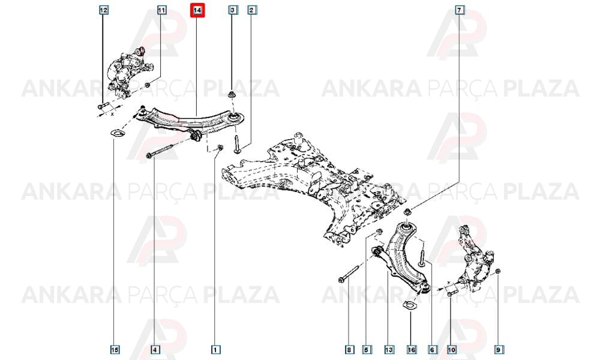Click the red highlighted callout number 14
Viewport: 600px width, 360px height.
pos(197,10)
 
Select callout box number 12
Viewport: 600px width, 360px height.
pos(104,10)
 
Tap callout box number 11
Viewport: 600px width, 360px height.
pos(162,10)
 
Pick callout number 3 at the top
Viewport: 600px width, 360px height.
pos(233,10)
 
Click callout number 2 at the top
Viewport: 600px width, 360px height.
pos(251,10)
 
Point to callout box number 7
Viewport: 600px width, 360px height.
pos(459,10)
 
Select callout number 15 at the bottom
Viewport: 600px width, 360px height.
pos(115,349)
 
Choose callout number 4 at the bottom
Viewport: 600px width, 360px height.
pos(155,349)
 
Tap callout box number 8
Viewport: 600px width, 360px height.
pos(349,349)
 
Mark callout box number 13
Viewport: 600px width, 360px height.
pos(389,349)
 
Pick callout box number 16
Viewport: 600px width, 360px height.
pos(412,349)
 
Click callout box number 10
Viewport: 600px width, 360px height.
pos(452,349)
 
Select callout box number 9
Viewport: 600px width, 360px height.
pos(498,349)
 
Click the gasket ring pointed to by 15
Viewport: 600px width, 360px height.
pos(115,134)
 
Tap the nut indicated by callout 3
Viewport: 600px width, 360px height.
pos(232,94)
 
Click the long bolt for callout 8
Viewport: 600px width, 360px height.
pos(349,273)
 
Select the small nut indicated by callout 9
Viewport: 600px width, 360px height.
pos(498,272)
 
